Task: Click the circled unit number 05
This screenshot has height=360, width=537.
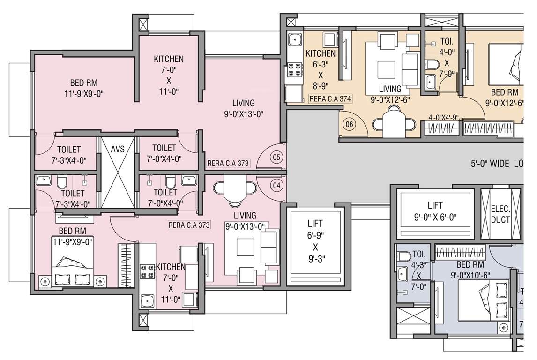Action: [276, 157]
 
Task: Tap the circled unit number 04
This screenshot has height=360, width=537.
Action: [276, 185]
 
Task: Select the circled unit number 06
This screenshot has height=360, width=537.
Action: [348, 124]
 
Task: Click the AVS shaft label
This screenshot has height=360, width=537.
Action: [118, 149]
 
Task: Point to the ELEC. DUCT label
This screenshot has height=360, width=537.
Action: [500, 214]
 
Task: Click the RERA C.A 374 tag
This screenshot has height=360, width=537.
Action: [330, 99]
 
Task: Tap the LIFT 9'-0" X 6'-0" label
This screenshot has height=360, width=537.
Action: [435, 211]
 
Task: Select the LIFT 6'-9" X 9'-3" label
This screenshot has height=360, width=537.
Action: [315, 240]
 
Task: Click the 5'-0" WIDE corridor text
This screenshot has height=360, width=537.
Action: [497, 164]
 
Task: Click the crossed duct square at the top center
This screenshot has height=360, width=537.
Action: [291, 22]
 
